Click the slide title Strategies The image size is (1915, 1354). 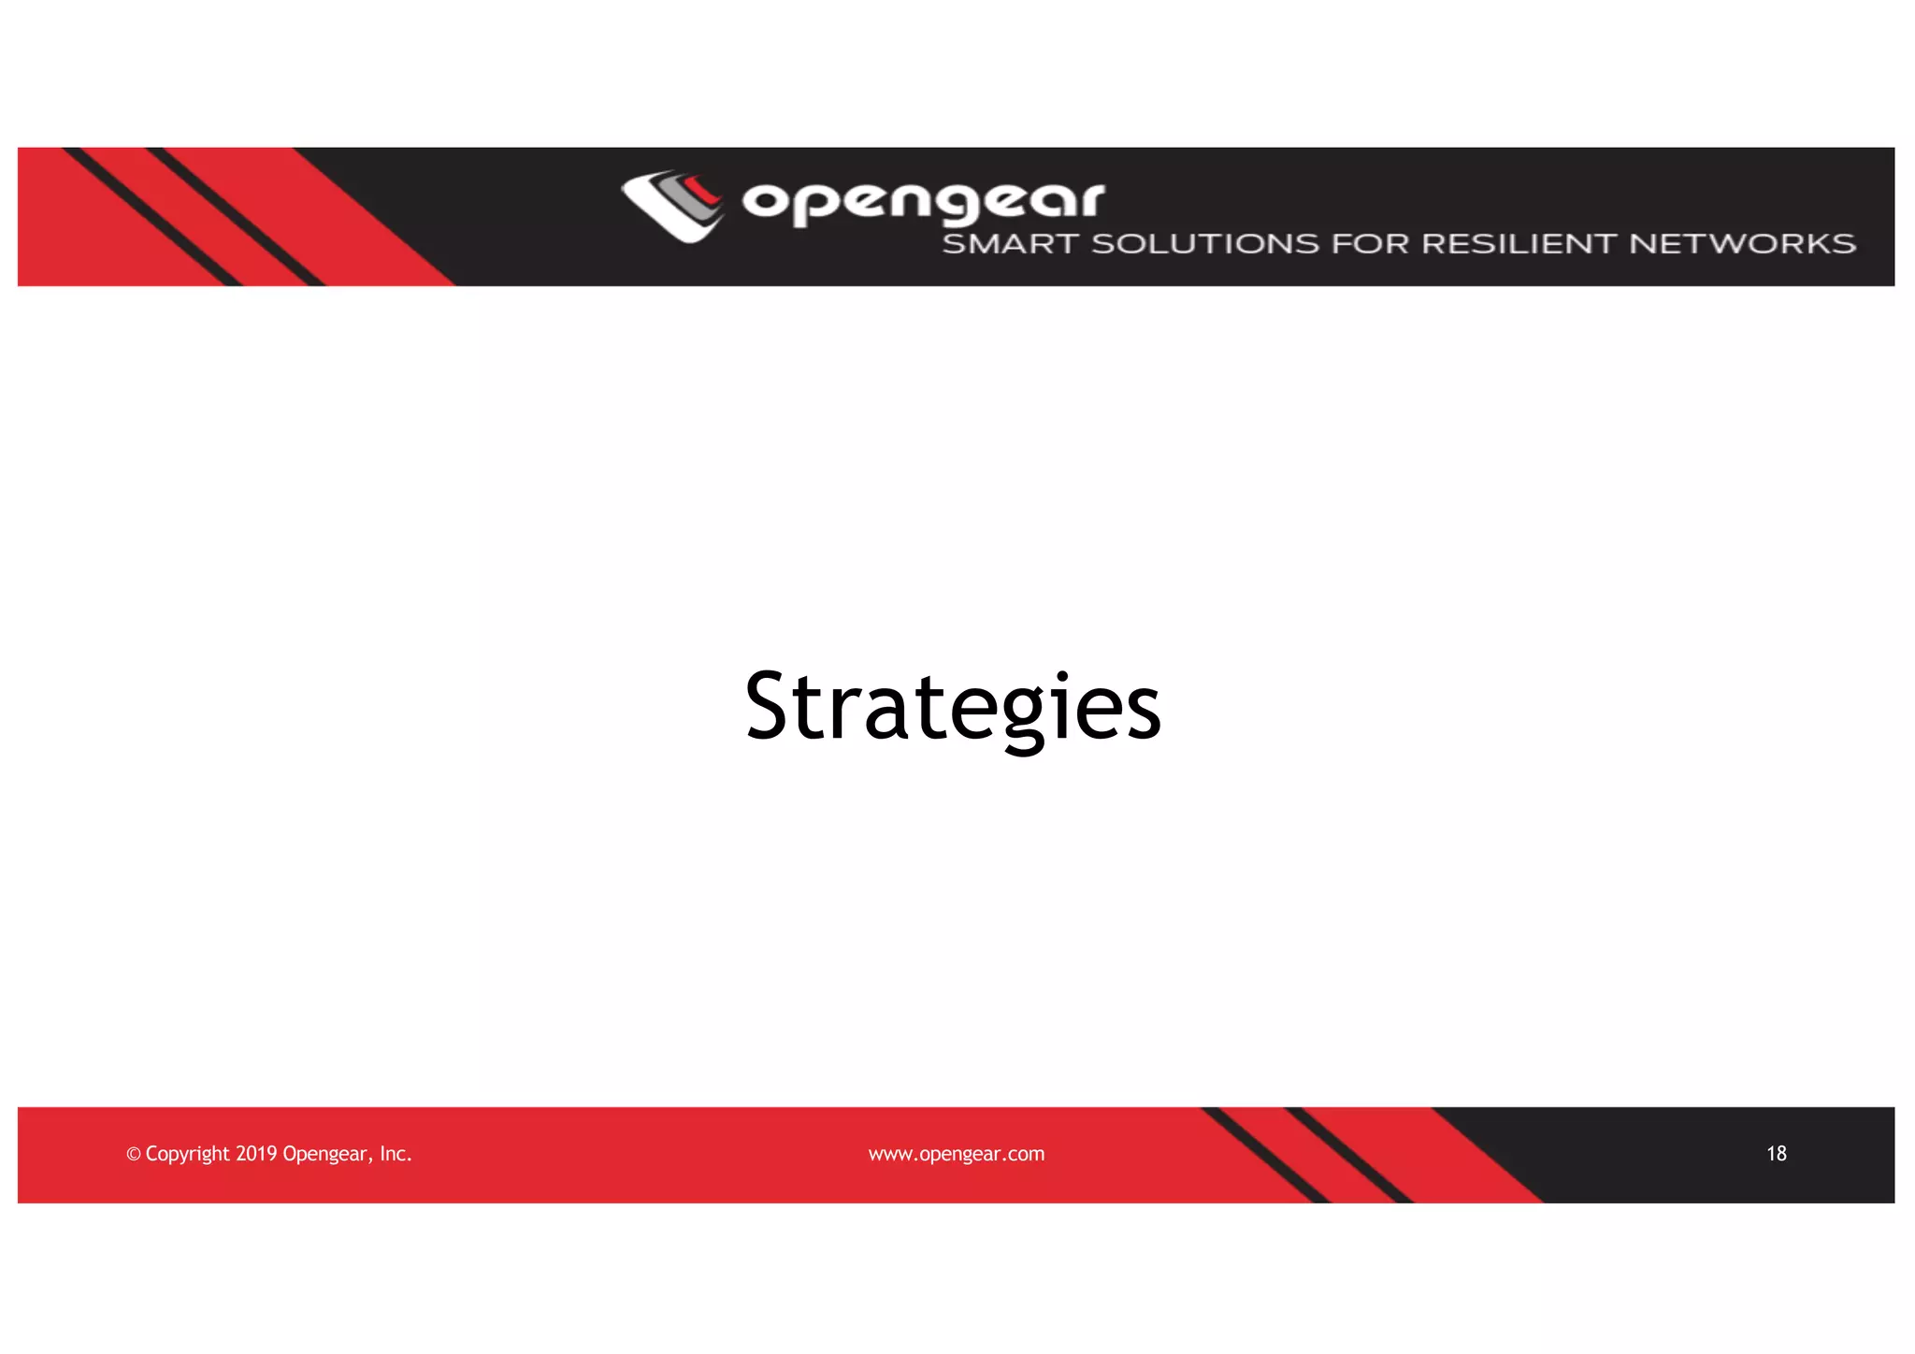[x=953, y=707]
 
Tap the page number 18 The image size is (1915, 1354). [x=1776, y=1154]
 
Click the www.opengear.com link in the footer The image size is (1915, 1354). [x=956, y=1154]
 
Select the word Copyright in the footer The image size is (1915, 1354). [x=187, y=1154]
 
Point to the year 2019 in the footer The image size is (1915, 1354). [x=256, y=1154]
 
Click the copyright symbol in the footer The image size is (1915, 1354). [x=133, y=1155]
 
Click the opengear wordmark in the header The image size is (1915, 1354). [x=923, y=202]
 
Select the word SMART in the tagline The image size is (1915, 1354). [x=1010, y=244]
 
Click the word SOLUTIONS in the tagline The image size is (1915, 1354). [x=1205, y=244]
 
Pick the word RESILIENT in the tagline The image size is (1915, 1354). [x=1519, y=244]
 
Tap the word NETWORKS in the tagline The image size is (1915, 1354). [x=1742, y=244]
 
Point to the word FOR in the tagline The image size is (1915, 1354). [x=1370, y=244]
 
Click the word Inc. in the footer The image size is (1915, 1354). [x=396, y=1154]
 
